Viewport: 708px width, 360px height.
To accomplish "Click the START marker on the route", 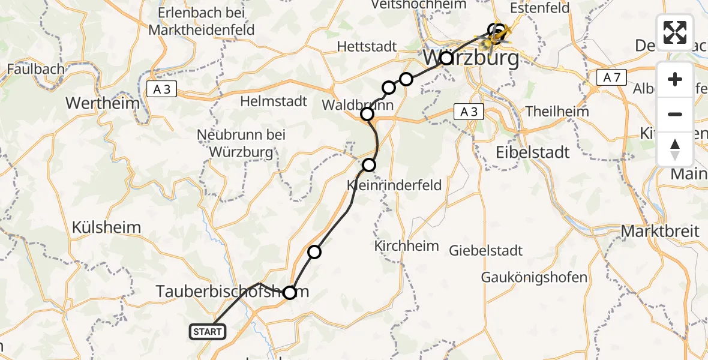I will [208, 331].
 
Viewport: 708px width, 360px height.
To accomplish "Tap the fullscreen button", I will [675, 32].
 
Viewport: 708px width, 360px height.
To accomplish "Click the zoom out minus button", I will [675, 114].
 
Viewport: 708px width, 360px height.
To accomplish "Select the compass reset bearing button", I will [675, 149].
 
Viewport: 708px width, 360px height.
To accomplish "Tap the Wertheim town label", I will [102, 103].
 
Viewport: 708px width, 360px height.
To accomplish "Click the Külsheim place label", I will [106, 227].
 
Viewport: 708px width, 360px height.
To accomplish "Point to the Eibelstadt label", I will [532, 152].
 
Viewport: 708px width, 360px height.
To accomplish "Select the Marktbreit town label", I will [660, 231].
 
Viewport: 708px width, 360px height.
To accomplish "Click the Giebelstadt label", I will [486, 251].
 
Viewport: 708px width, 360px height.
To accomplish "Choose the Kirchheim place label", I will [406, 246].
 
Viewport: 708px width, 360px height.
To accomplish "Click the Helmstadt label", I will [274, 101].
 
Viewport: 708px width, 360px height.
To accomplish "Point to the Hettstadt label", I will [367, 46].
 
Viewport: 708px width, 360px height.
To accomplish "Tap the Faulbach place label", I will [35, 69].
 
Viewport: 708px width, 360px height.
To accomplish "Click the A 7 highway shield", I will [611, 77].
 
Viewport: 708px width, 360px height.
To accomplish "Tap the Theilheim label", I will [557, 111].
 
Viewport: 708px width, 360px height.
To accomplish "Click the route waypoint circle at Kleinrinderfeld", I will [369, 165].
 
